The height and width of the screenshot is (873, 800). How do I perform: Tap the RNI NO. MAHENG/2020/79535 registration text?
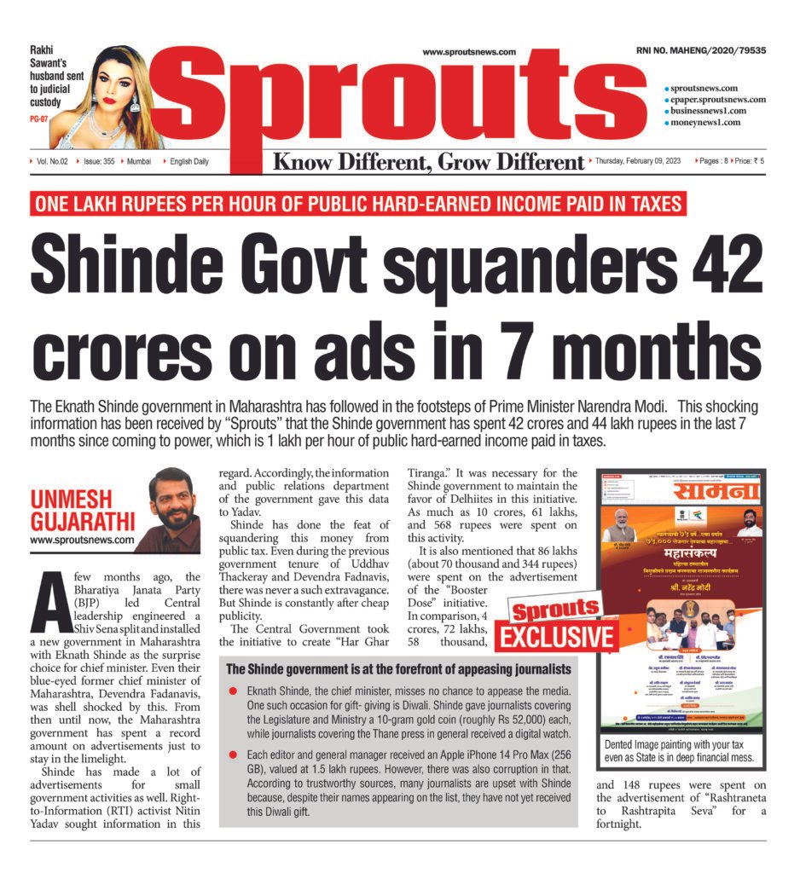coord(700,51)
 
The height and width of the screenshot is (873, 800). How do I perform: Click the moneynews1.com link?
coord(704,122)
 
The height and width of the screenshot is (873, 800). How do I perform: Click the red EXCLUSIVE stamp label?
coord(557,638)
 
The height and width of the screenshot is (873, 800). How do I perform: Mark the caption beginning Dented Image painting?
coord(680,749)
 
